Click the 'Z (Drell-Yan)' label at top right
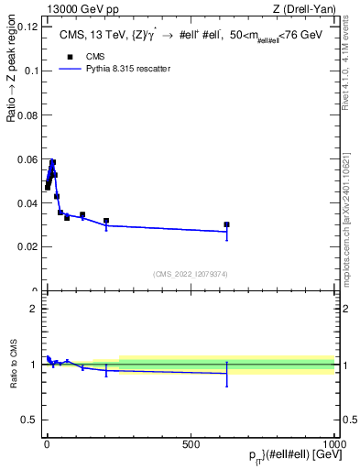click(x=305, y=10)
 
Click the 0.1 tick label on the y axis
click(x=31, y=71)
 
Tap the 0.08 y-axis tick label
click(x=27, y=115)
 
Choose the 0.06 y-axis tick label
click(x=27, y=158)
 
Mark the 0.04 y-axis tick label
click(x=27, y=202)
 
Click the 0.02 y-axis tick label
click(x=27, y=246)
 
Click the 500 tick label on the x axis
click(x=191, y=443)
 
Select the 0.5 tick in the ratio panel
click(x=30, y=420)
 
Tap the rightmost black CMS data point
click(x=226, y=224)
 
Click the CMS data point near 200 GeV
click(x=106, y=221)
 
